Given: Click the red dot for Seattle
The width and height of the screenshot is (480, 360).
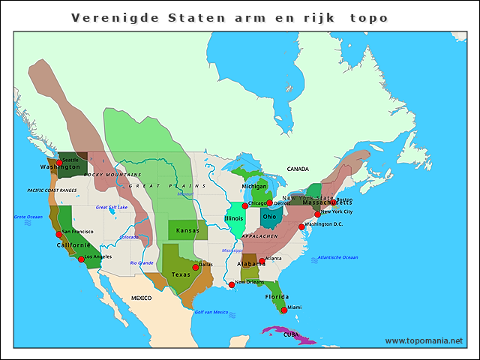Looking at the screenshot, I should pos(59,163).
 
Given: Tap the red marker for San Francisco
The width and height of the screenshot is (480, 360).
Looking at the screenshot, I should pos(59,234).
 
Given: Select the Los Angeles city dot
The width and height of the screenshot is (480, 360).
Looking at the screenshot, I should pos(81,259).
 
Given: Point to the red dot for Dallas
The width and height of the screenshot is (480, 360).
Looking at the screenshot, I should pos(196,267).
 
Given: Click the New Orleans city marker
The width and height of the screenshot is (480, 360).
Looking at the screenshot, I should pos(232,284).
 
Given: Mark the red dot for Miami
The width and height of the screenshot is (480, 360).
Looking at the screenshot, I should pos(283,310).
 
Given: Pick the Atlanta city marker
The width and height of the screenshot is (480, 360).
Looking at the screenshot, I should pos(262,261).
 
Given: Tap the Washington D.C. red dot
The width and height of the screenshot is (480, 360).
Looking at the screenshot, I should pos(301,226).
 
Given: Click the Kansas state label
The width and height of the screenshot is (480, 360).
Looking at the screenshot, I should pos(187,230).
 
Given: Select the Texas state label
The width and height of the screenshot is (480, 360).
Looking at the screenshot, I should pos(181,274).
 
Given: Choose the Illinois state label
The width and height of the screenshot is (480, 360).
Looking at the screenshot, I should pos(234,219).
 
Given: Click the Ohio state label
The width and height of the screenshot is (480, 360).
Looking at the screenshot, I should pos(268,217).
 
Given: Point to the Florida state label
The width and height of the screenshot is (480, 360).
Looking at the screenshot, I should pos(277,297).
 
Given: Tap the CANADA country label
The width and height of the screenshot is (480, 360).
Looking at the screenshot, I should pos(298,169).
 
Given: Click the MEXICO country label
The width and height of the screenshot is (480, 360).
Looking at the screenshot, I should pos(141,298).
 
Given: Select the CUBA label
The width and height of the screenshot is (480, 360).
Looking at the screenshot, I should pos(291,334).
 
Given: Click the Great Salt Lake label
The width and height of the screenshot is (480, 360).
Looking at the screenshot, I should pos(111,207).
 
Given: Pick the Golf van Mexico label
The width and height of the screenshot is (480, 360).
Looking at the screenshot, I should pos(211,312).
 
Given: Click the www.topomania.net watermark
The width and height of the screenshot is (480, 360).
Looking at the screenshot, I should pos(424,340).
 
